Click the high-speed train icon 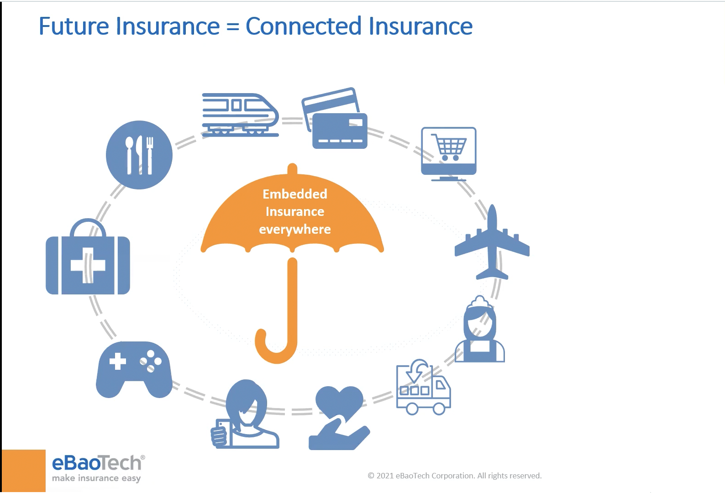240,115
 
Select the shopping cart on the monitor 449,147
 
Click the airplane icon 492,242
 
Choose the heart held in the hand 339,402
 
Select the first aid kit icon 88,260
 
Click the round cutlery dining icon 139,155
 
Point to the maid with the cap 480,330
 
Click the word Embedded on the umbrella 295,194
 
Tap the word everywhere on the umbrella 295,229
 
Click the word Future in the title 73,26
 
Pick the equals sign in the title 232,27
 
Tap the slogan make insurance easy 96,478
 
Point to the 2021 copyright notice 455,476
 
